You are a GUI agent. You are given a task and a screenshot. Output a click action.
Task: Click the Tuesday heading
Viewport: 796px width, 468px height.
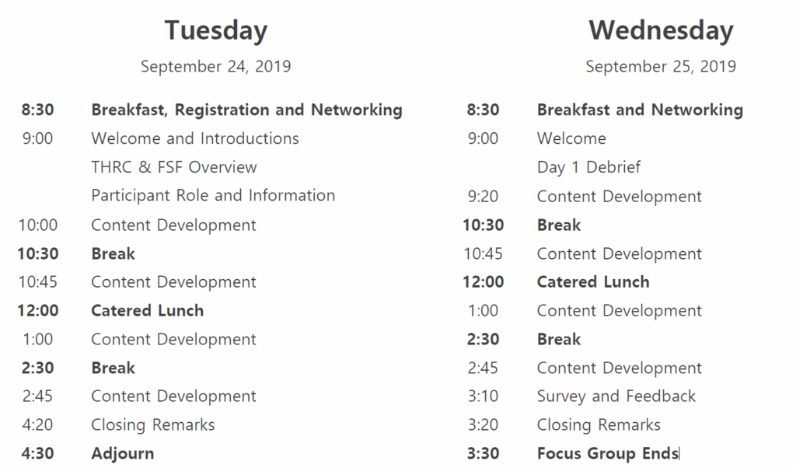pyautogui.click(x=216, y=30)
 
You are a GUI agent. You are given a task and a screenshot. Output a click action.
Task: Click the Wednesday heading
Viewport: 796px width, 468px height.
pyautogui.click(x=661, y=30)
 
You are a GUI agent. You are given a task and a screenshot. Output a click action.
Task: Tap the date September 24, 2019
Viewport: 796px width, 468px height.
pyautogui.click(x=216, y=67)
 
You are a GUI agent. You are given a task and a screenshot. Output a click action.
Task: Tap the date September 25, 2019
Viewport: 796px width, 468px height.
pyautogui.click(x=661, y=67)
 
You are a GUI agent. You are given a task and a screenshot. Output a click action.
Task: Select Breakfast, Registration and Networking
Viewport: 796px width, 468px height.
pyautogui.click(x=246, y=110)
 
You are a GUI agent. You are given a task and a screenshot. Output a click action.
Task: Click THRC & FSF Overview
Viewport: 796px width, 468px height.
pyautogui.click(x=174, y=167)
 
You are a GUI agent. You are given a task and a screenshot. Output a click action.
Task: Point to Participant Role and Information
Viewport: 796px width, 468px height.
pyautogui.click(x=213, y=196)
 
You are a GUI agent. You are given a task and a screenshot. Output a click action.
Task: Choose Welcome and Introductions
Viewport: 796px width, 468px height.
pyautogui.click(x=195, y=138)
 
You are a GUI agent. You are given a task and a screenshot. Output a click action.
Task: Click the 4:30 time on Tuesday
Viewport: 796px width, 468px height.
pyautogui.click(x=37, y=453)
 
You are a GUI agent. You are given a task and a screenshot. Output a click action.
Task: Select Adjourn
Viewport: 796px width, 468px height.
pyautogui.click(x=122, y=453)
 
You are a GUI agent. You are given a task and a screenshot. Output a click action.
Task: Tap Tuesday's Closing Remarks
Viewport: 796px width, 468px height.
pyautogui.click(x=153, y=425)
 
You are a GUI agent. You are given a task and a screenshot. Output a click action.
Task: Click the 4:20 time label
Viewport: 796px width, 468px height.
pyautogui.click(x=37, y=425)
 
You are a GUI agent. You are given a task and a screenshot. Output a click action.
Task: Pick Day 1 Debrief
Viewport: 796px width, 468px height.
pyautogui.click(x=589, y=167)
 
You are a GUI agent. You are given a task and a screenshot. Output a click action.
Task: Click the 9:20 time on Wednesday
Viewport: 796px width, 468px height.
pyautogui.click(x=483, y=197)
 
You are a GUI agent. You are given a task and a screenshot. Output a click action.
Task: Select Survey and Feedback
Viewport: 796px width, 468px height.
pyautogui.click(x=616, y=396)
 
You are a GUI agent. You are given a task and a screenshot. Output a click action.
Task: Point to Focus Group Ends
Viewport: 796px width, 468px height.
pyautogui.click(x=608, y=453)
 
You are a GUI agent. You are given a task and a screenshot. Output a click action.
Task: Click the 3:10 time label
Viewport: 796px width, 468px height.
pyautogui.click(x=483, y=396)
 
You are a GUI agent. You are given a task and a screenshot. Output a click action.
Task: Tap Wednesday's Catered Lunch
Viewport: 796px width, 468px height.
pyautogui.click(x=593, y=282)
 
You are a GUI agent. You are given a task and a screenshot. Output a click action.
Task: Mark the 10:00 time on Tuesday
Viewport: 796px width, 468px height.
pyautogui.click(x=38, y=225)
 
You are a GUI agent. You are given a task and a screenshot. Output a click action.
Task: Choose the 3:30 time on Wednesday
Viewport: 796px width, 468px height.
pyautogui.click(x=483, y=453)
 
